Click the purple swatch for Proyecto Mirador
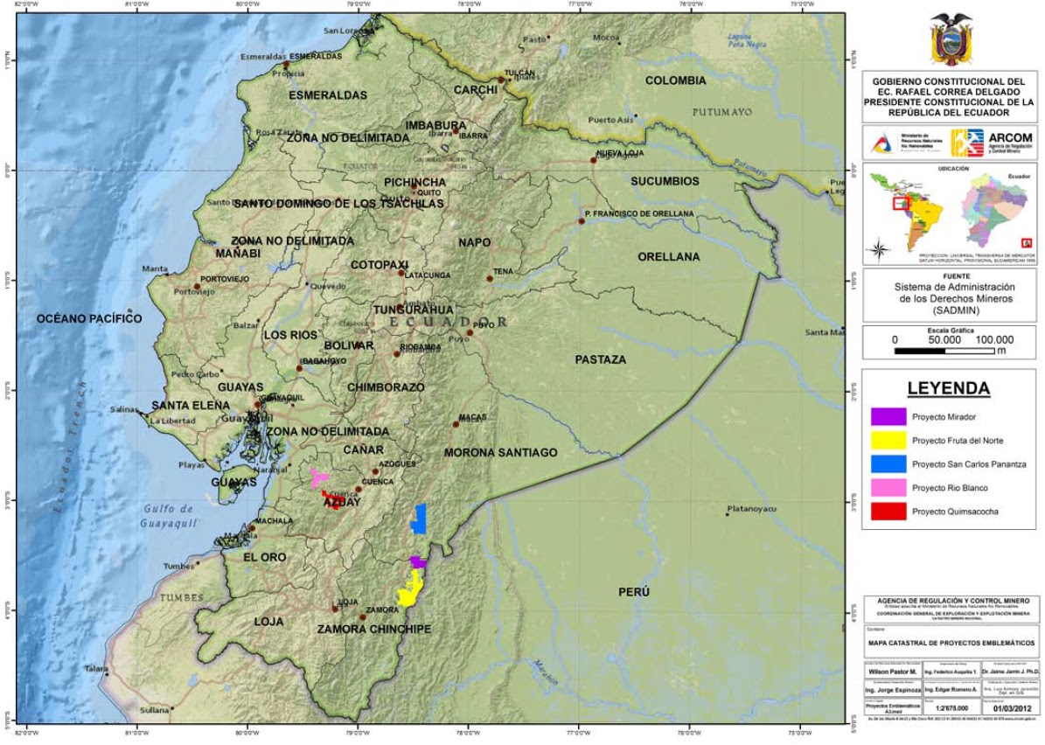point(888,416)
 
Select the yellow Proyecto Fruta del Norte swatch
point(888,440)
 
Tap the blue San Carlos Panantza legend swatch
point(888,463)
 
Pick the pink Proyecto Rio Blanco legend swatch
point(888,487)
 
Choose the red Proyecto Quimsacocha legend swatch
point(888,511)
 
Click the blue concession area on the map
point(419,519)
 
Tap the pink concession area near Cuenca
point(319,477)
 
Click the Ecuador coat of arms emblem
point(951,38)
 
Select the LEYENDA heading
point(949,388)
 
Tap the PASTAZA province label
point(600,359)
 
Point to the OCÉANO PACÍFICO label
point(88,319)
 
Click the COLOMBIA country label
point(675,80)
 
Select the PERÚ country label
point(634,592)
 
